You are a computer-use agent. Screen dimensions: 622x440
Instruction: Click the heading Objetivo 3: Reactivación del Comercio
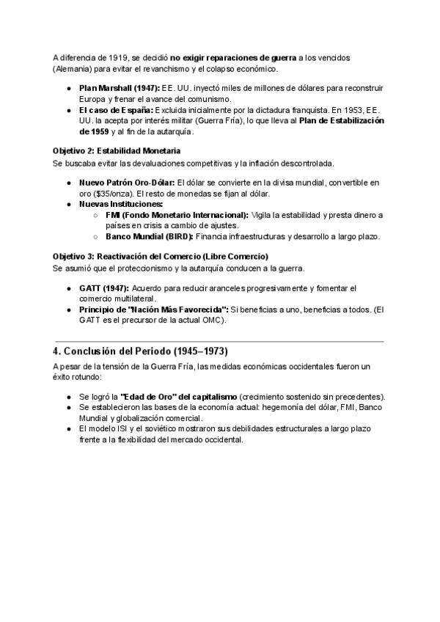tap(161, 257)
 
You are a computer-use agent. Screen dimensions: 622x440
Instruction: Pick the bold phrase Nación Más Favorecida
tap(166, 310)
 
